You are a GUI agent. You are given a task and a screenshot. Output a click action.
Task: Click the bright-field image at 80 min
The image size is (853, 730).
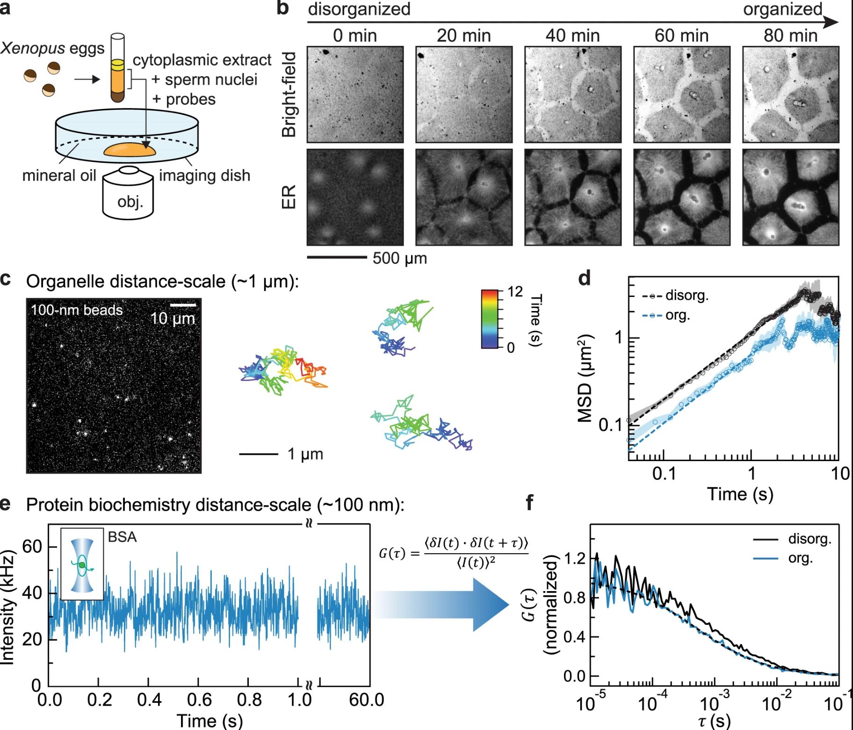point(790,94)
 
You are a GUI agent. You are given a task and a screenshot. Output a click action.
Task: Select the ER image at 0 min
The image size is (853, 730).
point(355,197)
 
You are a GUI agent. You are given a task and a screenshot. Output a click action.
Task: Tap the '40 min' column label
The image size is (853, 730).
point(572,36)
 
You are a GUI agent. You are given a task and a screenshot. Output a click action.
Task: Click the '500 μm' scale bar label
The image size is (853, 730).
point(399,258)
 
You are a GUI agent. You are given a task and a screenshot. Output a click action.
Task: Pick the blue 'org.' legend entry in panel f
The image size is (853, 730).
point(800,558)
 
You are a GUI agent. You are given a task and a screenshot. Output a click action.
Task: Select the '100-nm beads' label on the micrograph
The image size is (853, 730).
point(77,310)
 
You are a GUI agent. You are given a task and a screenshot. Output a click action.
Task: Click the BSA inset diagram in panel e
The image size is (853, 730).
point(82,564)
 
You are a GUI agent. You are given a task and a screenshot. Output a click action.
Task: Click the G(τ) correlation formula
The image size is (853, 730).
point(453,552)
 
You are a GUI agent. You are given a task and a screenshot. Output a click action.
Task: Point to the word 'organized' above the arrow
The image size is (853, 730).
point(782,9)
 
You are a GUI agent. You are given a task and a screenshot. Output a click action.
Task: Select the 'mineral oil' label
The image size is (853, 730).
point(59,175)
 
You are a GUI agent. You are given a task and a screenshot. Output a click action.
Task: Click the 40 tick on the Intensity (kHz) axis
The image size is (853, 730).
point(36,593)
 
